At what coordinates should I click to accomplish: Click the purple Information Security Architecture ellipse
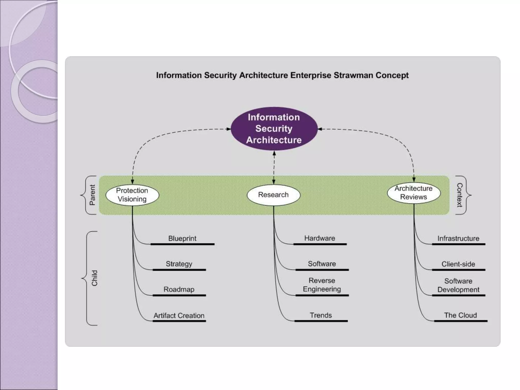tap(274, 129)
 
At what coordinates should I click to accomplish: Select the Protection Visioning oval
tap(132, 195)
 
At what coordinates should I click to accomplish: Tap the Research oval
tap(273, 195)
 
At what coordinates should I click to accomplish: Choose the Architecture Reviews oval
tap(414, 193)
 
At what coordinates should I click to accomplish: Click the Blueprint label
tap(182, 238)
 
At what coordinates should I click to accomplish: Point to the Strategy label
tap(179, 264)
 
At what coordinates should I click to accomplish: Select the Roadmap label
tap(179, 289)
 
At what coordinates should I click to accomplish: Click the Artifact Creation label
tap(179, 316)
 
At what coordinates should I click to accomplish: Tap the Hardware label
tap(320, 238)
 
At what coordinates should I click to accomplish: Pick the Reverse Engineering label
tap(322, 285)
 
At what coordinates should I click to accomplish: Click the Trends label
tap(321, 315)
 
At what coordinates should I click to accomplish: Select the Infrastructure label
tap(458, 238)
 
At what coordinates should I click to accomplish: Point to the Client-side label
tap(458, 264)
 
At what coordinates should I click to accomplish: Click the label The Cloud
tap(460, 315)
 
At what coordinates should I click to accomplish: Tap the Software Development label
tap(458, 285)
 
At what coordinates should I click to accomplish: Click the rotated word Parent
tap(92, 195)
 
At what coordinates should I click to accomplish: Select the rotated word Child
tap(94, 278)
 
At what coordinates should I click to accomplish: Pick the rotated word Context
tap(460, 195)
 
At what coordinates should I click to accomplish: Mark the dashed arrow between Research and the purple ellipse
tap(274, 168)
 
